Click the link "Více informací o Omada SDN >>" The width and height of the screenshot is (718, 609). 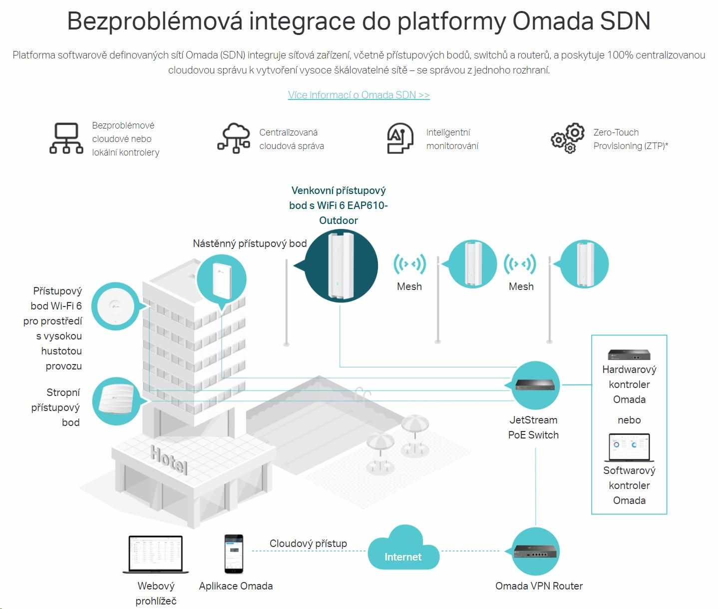[359, 95]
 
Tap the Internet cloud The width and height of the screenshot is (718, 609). [403, 550]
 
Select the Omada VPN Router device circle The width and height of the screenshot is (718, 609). [536, 551]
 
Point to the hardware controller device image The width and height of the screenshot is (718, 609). [629, 354]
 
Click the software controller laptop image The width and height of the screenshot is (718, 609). [629, 448]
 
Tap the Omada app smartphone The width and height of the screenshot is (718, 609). [234, 554]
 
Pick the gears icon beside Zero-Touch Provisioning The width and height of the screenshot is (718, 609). [568, 138]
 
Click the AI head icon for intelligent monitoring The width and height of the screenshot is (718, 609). [400, 138]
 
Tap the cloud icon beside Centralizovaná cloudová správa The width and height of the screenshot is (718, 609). [234, 137]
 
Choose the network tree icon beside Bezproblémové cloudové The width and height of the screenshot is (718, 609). [66, 138]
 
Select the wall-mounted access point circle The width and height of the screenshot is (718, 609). [222, 279]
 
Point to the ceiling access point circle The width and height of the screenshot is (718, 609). [117, 400]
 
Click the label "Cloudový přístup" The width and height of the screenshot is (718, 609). [308, 543]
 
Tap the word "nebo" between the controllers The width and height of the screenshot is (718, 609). [629, 420]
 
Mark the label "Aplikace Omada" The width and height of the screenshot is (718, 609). [236, 586]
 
